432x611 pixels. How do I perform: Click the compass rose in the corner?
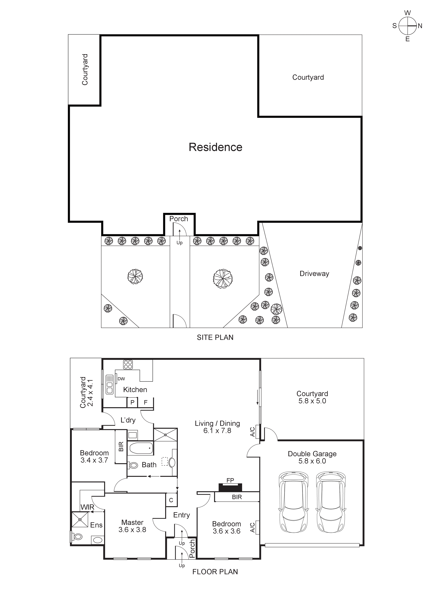click(407, 26)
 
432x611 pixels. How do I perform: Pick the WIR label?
click(87, 507)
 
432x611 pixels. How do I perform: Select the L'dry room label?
click(128, 420)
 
